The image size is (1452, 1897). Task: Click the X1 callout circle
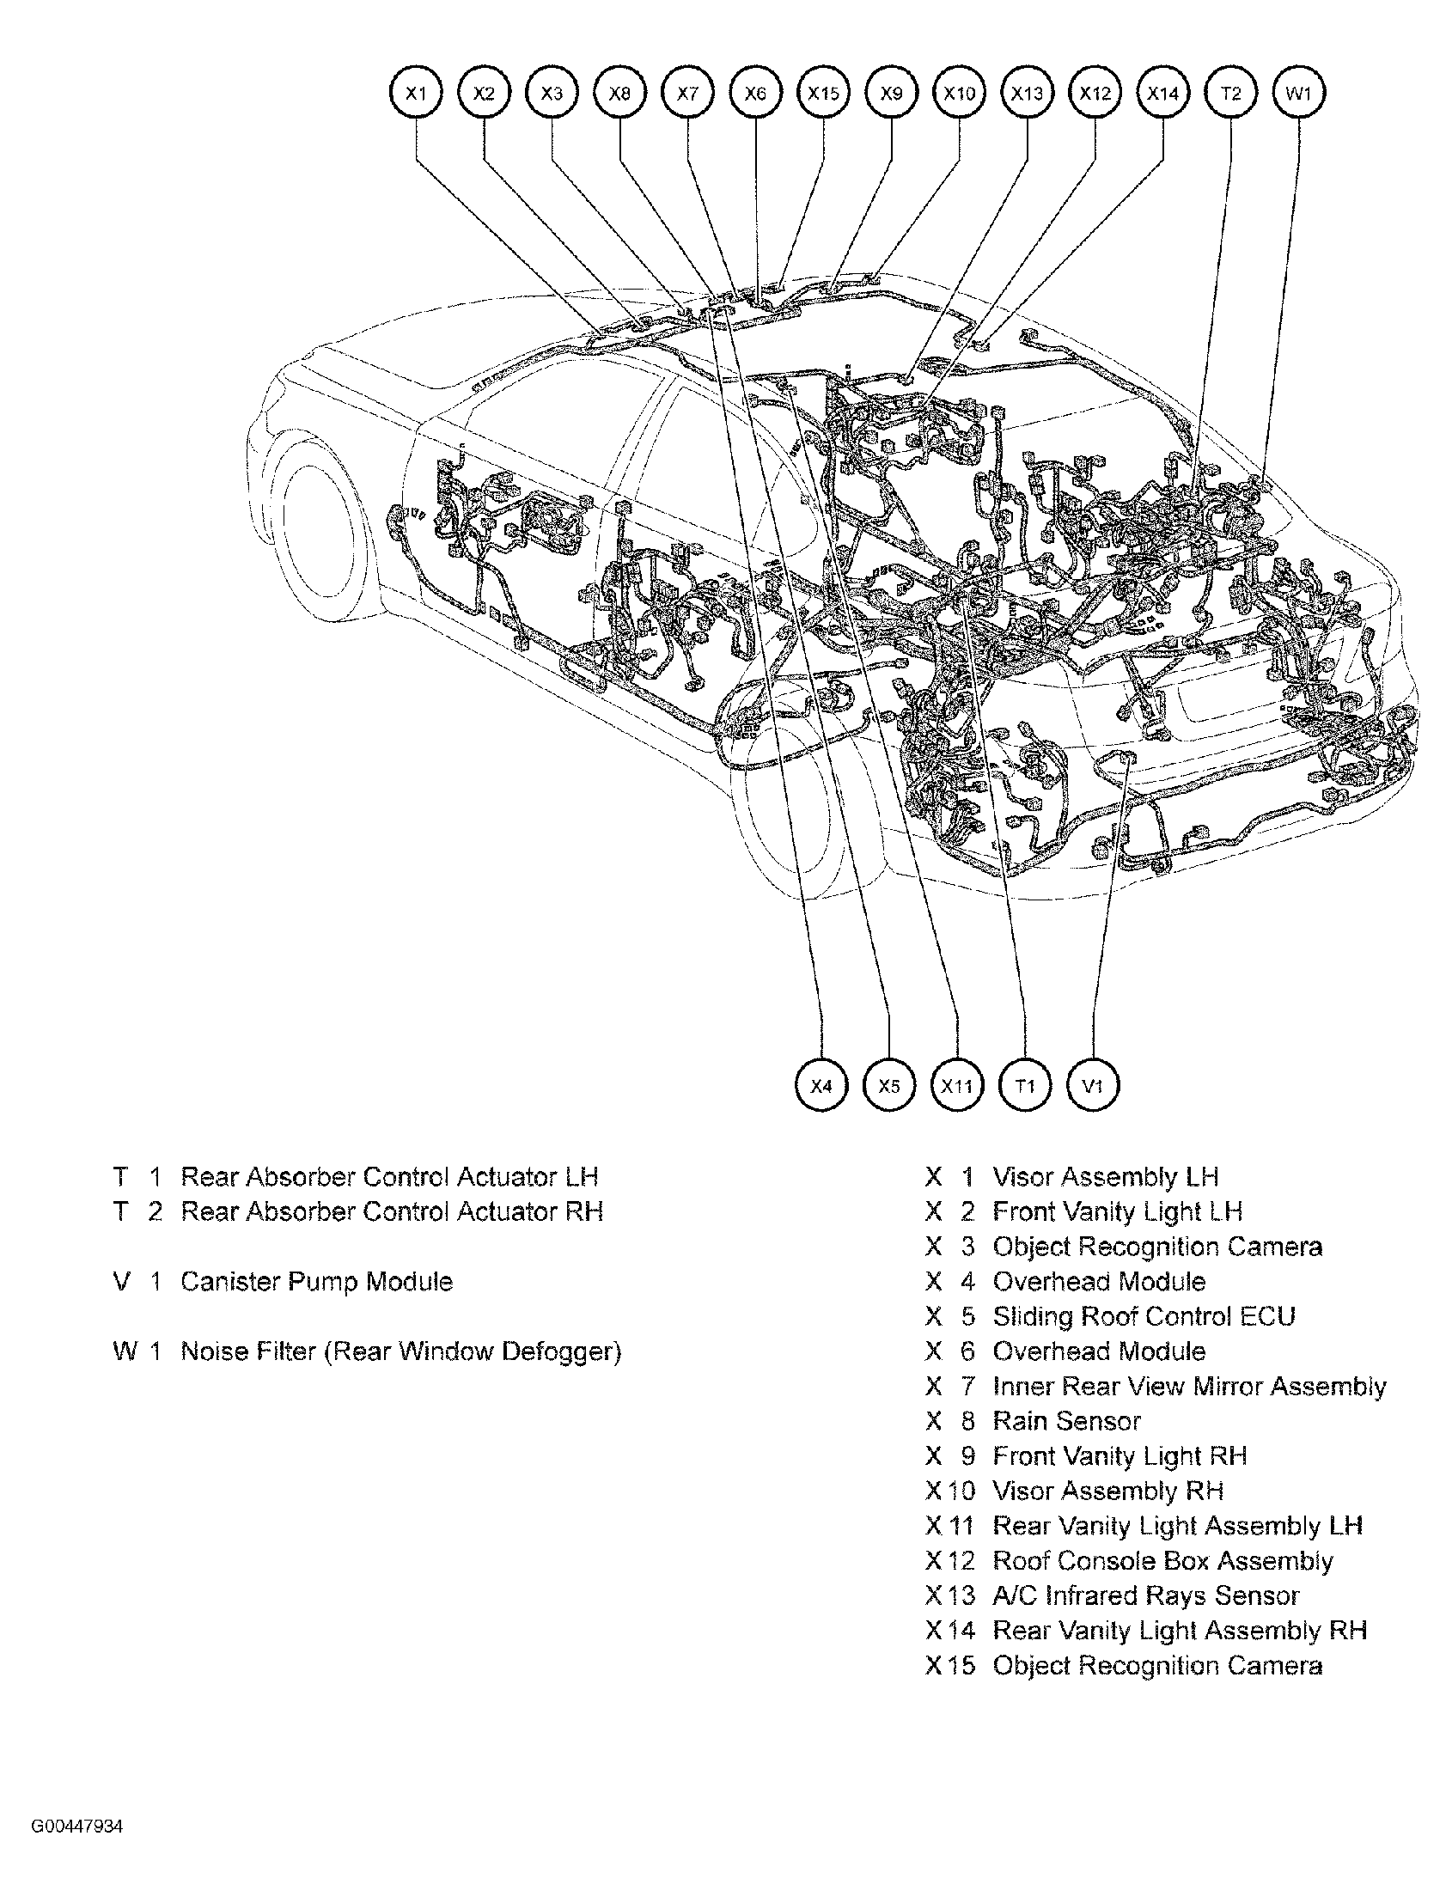coord(417,93)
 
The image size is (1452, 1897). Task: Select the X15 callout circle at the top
coord(824,93)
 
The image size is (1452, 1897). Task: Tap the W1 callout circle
coord(1299,93)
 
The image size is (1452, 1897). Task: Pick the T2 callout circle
coord(1230,93)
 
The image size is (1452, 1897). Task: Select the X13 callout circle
coord(1028,93)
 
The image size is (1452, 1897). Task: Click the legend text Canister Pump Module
coord(316,1281)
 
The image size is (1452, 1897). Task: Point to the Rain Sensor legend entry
coord(1066,1421)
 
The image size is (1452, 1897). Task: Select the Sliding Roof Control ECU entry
coord(1144,1316)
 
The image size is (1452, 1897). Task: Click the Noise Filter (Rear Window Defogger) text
coord(401,1351)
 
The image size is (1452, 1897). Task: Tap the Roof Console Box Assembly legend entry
coord(1162,1561)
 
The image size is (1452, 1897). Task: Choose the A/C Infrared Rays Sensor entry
coord(1146,1595)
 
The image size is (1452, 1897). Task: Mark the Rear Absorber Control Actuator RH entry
coord(392,1211)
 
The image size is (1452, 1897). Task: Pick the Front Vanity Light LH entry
coord(1118,1211)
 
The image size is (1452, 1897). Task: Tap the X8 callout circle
coord(619,93)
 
